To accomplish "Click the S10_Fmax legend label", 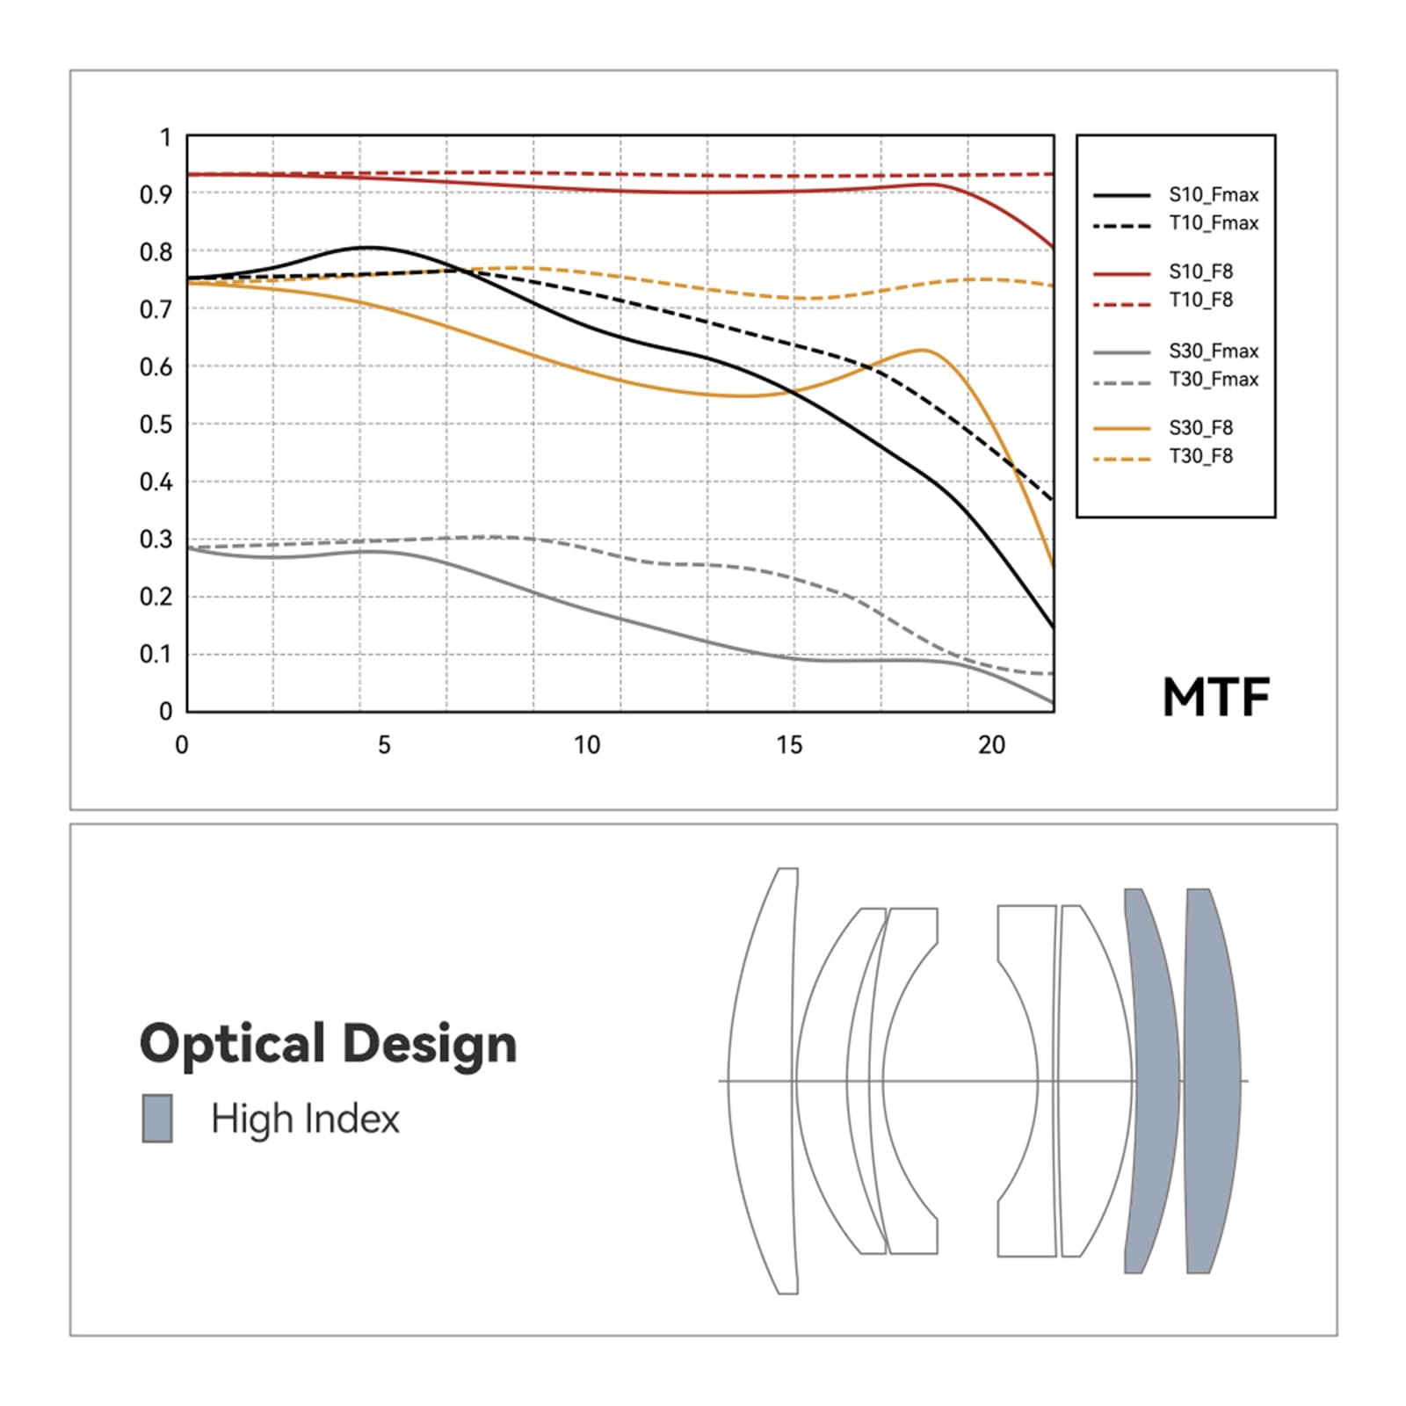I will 1213,195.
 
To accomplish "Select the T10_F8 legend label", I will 1200,301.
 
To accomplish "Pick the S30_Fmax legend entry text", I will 1213,351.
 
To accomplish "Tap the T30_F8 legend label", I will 1200,456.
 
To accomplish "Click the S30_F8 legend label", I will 1200,428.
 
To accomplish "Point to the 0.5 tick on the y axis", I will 156,424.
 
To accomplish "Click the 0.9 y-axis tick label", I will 156,194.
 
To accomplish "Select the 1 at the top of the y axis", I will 164,138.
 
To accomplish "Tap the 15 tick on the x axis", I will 789,745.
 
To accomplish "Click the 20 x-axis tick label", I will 991,745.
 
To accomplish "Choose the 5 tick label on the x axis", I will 384,745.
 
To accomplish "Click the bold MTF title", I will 1216,698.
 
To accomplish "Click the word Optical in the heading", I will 232,1044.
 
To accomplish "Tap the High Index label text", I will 305,1119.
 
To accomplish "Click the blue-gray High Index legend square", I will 157,1118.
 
